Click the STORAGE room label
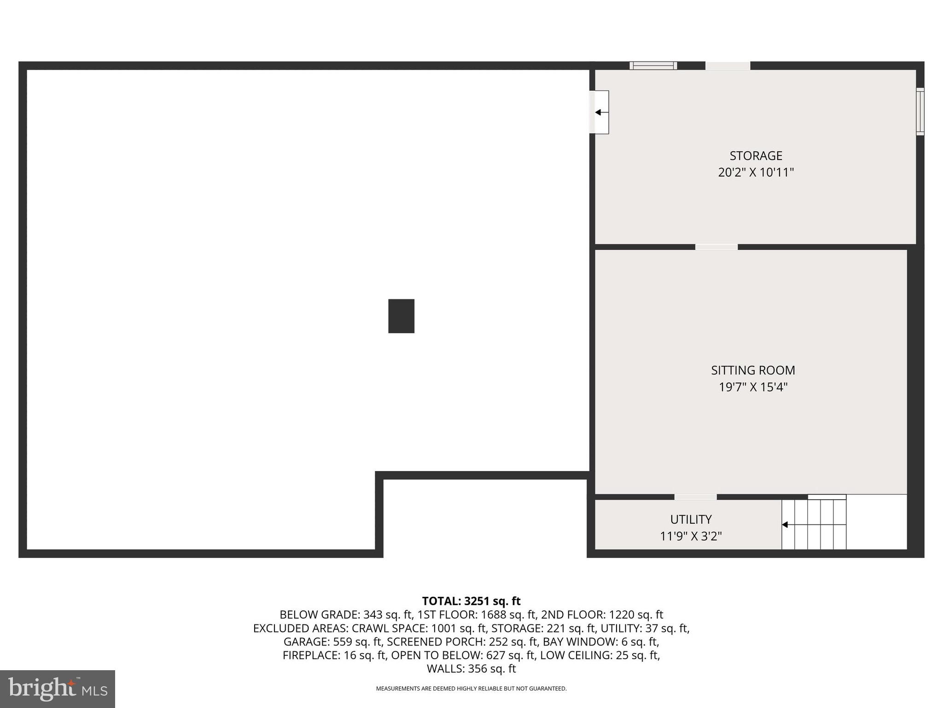pos(756,156)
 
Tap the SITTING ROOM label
pos(753,370)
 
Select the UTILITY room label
pos(691,519)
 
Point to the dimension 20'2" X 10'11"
pos(756,172)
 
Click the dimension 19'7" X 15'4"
pos(753,387)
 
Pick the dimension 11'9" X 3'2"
pos(691,536)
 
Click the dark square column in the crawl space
pos(401,316)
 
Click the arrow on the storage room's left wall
pos(599,112)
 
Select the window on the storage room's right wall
pos(920,112)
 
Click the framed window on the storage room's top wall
pos(653,65)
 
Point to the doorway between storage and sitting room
pos(716,247)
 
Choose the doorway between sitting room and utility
pos(695,497)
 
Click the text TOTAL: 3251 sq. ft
pos(471,601)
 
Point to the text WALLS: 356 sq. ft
pos(471,669)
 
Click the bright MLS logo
pos(58,689)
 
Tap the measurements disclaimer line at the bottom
pos(471,689)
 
